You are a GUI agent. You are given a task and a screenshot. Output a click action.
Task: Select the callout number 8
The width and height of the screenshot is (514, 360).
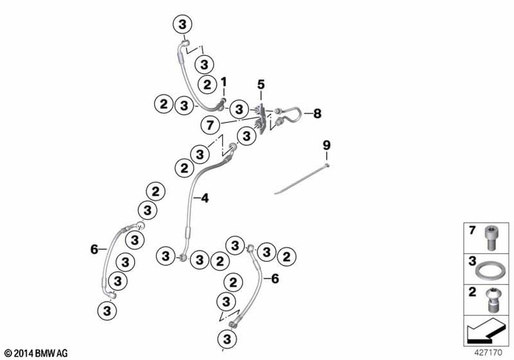pyautogui.click(x=317, y=114)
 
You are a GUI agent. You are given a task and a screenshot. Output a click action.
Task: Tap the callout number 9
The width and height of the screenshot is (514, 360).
pyautogui.click(x=326, y=145)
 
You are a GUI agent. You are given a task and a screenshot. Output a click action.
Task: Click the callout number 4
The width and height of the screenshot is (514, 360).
pyautogui.click(x=205, y=197)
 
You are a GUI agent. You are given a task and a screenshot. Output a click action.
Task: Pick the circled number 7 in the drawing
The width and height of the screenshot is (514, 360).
pyautogui.click(x=209, y=124)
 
